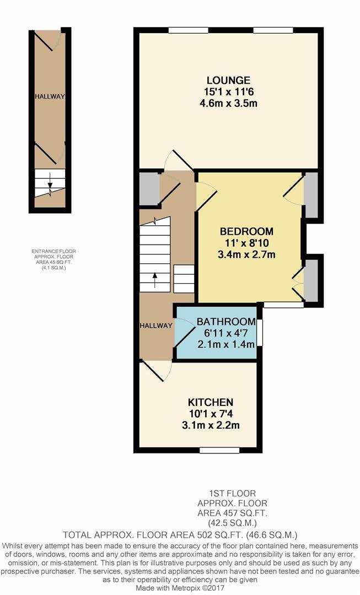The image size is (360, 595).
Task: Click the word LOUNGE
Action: tap(228, 80)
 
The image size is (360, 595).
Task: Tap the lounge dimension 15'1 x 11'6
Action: tap(228, 91)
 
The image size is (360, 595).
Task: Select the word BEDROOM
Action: tap(247, 231)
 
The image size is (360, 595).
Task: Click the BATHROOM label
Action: tap(226, 322)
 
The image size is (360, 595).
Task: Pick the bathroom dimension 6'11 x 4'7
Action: tap(226, 333)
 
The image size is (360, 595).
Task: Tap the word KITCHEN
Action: tap(211, 402)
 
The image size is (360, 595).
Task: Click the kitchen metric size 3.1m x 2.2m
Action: tap(211, 425)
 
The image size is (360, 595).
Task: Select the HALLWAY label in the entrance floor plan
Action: tap(50, 96)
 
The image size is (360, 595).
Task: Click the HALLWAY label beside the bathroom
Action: tap(155, 326)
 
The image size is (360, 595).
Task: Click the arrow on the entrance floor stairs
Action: tap(50, 180)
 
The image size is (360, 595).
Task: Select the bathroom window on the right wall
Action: tap(260, 333)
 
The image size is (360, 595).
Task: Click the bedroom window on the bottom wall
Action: tap(283, 304)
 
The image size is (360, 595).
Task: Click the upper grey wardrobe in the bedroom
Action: tap(311, 195)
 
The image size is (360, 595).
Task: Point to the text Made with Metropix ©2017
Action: tap(180, 587)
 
